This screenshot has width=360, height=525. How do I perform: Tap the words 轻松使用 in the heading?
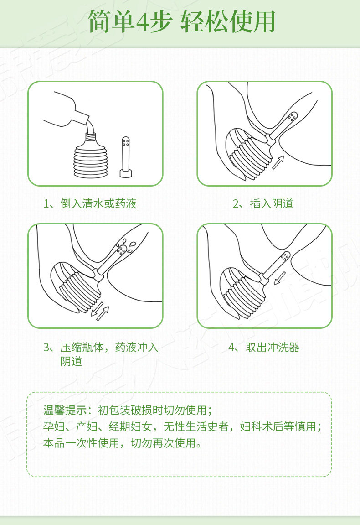click(228, 22)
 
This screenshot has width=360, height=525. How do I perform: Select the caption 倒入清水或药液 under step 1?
click(98, 203)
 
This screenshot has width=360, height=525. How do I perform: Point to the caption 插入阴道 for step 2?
click(272, 203)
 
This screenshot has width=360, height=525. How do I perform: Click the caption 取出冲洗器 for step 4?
click(273, 347)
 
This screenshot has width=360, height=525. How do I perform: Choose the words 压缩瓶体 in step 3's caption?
click(82, 347)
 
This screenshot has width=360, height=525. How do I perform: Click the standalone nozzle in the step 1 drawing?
click(126, 157)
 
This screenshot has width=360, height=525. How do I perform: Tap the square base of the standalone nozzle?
click(126, 174)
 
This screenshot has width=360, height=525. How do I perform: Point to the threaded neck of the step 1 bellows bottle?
click(90, 137)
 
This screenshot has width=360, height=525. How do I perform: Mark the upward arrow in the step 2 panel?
click(278, 162)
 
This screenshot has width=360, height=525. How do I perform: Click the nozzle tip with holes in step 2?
click(292, 118)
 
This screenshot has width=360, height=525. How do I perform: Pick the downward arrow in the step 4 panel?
click(280, 278)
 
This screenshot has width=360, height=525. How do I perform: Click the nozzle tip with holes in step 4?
click(285, 257)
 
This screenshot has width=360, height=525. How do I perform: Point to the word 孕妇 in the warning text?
click(54, 426)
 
